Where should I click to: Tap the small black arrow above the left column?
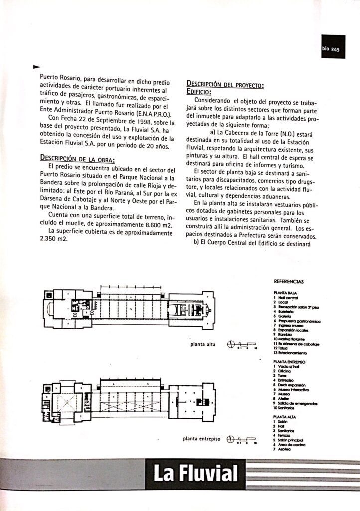pyautogui.click(x=35, y=66)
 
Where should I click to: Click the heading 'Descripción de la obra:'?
pyautogui.click(x=77, y=159)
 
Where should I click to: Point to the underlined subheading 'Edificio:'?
pyautogui.click(x=199, y=92)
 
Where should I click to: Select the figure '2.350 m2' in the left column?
pyautogui.click(x=54, y=239)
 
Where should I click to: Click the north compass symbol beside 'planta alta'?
pyautogui.click(x=230, y=343)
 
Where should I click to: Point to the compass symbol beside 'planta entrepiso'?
pyautogui.click(x=230, y=439)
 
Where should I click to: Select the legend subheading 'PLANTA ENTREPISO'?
pyautogui.click(x=290, y=361)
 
